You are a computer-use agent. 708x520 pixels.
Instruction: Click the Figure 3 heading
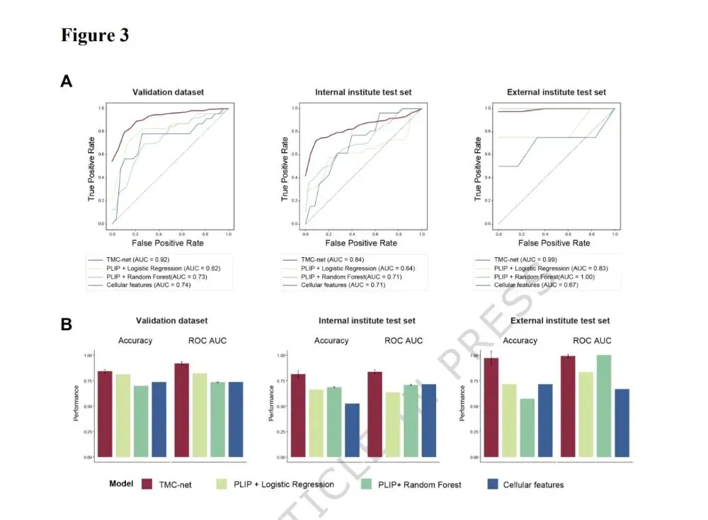coord(95,36)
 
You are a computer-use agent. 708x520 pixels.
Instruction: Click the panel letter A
coord(67,81)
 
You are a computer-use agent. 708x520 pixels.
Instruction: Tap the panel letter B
coord(67,324)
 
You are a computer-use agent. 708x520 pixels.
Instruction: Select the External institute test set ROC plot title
coord(556,92)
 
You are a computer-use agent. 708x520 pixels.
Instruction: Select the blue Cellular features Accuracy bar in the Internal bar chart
coord(351,430)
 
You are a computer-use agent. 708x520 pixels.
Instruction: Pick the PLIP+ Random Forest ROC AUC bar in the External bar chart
coord(604,406)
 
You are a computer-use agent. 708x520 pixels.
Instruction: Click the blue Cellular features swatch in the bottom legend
coord(493,484)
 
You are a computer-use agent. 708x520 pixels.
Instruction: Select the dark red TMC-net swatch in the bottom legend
coord(148,484)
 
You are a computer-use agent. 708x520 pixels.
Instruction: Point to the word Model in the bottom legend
coord(121,484)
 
